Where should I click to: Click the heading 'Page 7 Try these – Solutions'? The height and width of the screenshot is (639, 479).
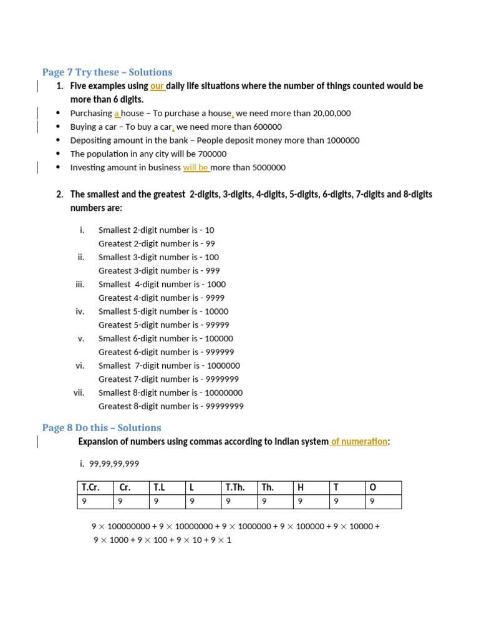pyautogui.click(x=107, y=72)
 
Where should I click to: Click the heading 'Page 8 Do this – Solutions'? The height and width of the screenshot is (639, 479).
pyautogui.click(x=102, y=428)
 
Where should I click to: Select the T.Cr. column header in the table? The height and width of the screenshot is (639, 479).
pyautogui.click(x=90, y=487)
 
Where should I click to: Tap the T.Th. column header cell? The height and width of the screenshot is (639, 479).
pyautogui.click(x=235, y=487)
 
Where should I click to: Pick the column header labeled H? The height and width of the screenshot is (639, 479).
pyautogui.click(x=301, y=487)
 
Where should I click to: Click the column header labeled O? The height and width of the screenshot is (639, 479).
pyautogui.click(x=373, y=487)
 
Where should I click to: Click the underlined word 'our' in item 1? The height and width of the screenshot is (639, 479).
pyautogui.click(x=157, y=86)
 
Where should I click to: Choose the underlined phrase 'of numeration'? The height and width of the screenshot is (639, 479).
pyautogui.click(x=359, y=442)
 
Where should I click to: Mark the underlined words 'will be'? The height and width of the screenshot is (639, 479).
pyautogui.click(x=195, y=168)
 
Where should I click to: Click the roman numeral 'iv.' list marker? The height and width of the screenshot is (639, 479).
pyautogui.click(x=80, y=311)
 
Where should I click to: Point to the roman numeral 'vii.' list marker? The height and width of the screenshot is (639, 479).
pyautogui.click(x=79, y=393)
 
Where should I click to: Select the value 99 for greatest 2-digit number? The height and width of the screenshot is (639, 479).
pyautogui.click(x=210, y=244)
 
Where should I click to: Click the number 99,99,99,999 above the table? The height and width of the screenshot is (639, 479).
pyautogui.click(x=114, y=464)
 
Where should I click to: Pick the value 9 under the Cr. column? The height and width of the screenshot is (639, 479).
pyautogui.click(x=120, y=501)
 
